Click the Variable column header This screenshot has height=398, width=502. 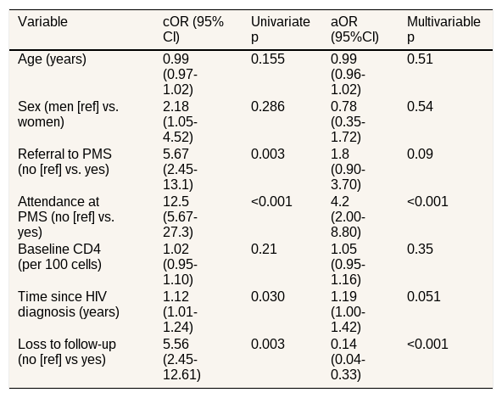pyautogui.click(x=42, y=22)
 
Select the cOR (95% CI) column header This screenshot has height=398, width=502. pyautogui.click(x=193, y=30)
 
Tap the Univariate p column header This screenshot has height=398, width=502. pyautogui.click(x=280, y=30)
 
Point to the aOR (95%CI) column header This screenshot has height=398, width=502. pyautogui.click(x=354, y=30)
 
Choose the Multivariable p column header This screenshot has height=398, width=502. pyautogui.click(x=443, y=30)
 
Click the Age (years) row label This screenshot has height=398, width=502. pyautogui.click(x=52, y=59)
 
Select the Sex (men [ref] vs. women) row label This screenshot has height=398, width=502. pyautogui.click(x=68, y=114)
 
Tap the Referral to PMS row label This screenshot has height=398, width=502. pyautogui.click(x=64, y=161)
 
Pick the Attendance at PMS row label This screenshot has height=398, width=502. pyautogui.click(x=66, y=216)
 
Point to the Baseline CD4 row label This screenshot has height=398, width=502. pyautogui.click(x=59, y=256)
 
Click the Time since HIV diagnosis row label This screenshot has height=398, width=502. pyautogui.click(x=69, y=304)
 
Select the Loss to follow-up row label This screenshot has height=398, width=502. pyautogui.click(x=67, y=351)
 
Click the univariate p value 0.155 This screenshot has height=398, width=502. pyautogui.click(x=268, y=59)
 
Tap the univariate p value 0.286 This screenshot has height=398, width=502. pyautogui.click(x=268, y=106)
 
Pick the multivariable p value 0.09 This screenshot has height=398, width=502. pyautogui.click(x=420, y=154)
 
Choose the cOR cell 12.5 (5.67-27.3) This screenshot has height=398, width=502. pyautogui.click(x=180, y=216)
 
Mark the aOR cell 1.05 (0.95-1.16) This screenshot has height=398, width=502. pyautogui.click(x=348, y=265)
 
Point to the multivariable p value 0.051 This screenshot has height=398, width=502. pyautogui.click(x=424, y=296)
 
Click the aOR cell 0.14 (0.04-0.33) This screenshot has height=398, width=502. pyautogui.click(x=348, y=359)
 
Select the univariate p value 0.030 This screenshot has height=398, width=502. pyautogui.click(x=268, y=296)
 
